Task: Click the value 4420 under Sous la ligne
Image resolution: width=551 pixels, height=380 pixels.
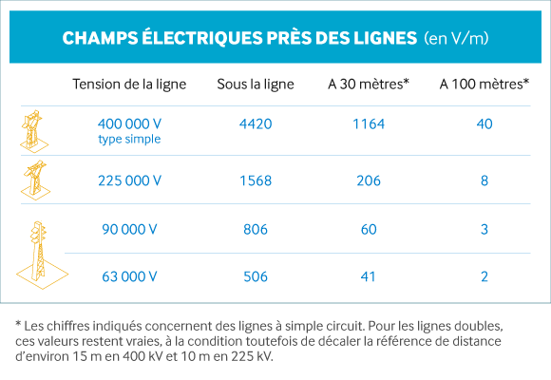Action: pyautogui.click(x=256, y=124)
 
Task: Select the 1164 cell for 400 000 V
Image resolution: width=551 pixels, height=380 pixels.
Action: pyautogui.click(x=369, y=124)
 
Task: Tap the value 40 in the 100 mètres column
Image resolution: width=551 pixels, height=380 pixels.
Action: pyautogui.click(x=484, y=124)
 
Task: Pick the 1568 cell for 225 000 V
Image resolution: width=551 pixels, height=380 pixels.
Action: pyautogui.click(x=256, y=180)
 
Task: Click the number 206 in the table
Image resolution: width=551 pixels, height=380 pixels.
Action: pyautogui.click(x=369, y=180)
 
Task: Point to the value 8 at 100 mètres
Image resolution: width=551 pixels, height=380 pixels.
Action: pyautogui.click(x=484, y=180)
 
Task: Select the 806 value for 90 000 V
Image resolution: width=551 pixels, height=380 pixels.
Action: pyautogui.click(x=256, y=230)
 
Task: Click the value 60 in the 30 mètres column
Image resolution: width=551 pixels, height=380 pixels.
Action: pyautogui.click(x=369, y=230)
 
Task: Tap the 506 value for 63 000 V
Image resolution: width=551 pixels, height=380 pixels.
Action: pyautogui.click(x=256, y=276)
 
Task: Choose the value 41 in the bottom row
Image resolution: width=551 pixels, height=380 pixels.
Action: pyautogui.click(x=368, y=276)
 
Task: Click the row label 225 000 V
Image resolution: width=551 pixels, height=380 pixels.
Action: pyautogui.click(x=129, y=180)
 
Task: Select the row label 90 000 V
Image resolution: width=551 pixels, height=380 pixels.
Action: pyautogui.click(x=129, y=230)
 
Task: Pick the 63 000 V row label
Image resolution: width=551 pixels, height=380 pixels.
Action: pyautogui.click(x=129, y=276)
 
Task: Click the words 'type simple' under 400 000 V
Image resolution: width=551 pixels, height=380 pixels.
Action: pyautogui.click(x=129, y=140)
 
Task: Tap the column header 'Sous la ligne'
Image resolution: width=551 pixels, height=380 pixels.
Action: pyautogui.click(x=256, y=85)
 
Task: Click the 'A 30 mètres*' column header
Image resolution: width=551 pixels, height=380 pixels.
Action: pyautogui.click(x=369, y=84)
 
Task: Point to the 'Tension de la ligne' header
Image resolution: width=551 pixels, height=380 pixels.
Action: pyautogui.click(x=129, y=85)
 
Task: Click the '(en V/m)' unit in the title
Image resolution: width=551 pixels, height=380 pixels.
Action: pyautogui.click(x=456, y=38)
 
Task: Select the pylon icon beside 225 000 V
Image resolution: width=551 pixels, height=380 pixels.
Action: pyautogui.click(x=35, y=180)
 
